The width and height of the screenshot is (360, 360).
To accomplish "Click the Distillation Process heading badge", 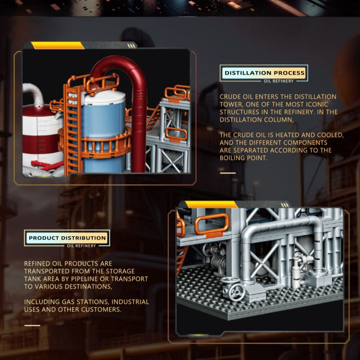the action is click(265, 73).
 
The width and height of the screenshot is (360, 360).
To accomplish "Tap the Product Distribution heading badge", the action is click(67, 238).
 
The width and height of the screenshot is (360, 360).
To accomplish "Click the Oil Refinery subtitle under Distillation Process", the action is click(279, 81).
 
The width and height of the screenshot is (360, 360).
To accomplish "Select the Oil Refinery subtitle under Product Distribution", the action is click(81, 246).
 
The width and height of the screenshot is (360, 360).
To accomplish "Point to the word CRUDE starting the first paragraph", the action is click(230, 97).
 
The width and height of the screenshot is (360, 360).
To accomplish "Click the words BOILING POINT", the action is click(243, 158).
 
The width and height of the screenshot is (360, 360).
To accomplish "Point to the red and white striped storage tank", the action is click(41, 138).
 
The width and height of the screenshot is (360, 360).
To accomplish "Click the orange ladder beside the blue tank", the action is click(73, 129).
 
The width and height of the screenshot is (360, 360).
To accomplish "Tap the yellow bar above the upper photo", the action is click(58, 45).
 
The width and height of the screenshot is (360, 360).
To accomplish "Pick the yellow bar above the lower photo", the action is click(211, 204).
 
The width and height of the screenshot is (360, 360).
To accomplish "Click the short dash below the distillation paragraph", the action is click(228, 173).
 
